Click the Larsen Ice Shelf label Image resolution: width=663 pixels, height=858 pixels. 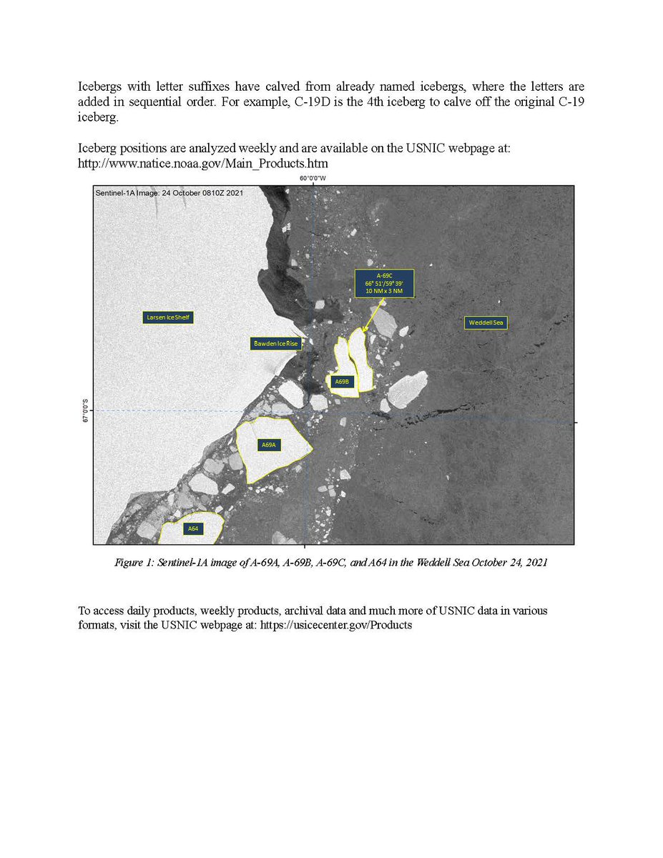tap(168, 317)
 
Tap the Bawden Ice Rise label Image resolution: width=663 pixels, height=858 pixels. tap(275, 344)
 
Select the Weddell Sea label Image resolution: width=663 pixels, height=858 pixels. tap(486, 323)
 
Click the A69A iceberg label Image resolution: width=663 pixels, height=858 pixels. tap(269, 445)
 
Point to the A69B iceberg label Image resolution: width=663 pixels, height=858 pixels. tap(343, 382)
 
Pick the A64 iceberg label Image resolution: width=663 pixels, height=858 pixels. tap(192, 528)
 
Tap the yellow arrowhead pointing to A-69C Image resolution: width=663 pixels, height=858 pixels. tap(364, 330)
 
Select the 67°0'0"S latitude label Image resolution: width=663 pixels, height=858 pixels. tap(86, 410)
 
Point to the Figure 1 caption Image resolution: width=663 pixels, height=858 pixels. tap(331, 563)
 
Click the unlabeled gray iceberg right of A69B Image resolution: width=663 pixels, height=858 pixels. tap(408, 389)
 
